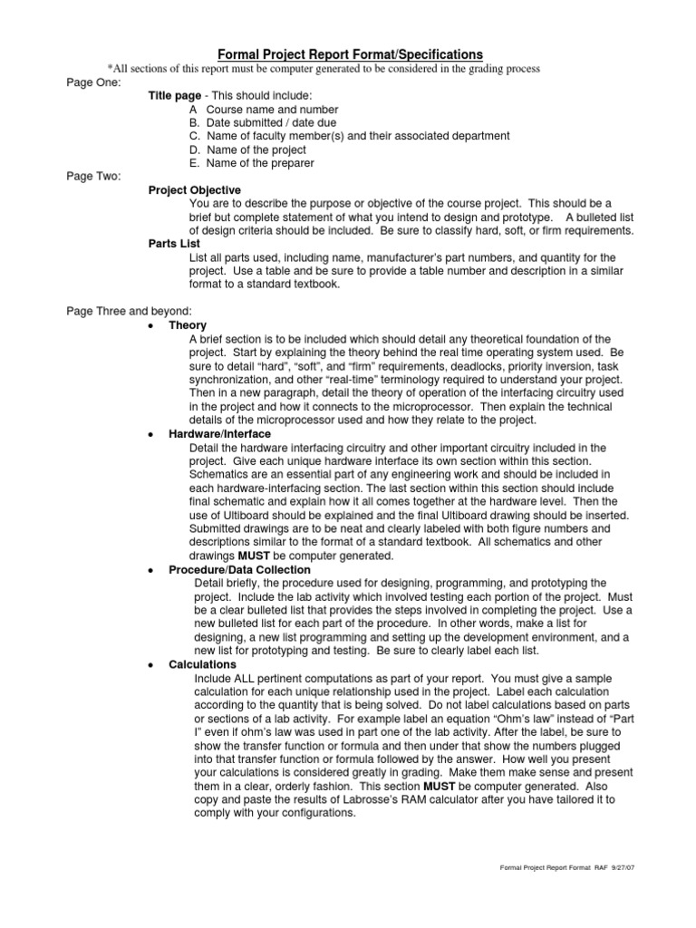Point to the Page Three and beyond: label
coord(129,311)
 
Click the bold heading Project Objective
coord(195,190)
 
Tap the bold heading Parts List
coord(174,244)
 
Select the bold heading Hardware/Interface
coord(219,434)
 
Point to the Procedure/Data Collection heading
coord(239,569)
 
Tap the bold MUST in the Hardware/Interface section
coord(253,556)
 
